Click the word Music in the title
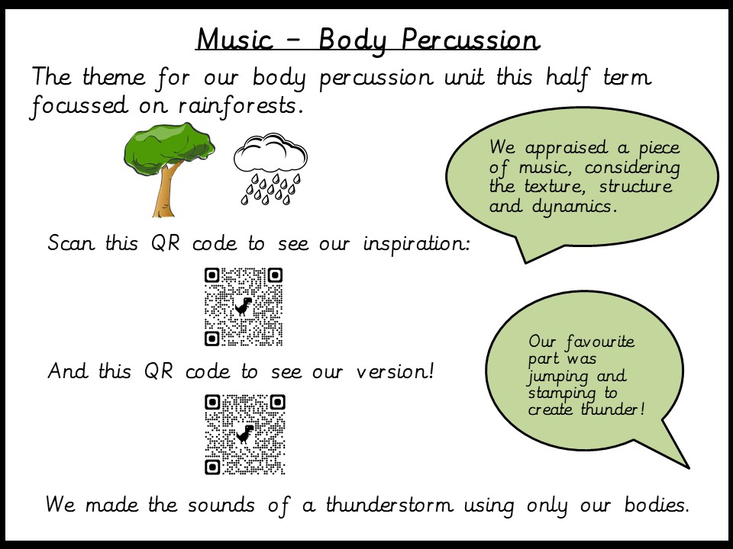coord(234,39)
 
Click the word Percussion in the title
coord(470,40)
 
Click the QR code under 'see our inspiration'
coord(244,307)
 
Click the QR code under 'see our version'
coord(244,435)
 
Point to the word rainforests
coord(238,105)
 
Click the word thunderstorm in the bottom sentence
coord(390,504)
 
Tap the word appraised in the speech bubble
coord(567,149)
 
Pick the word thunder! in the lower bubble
coord(613,409)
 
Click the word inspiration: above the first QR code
coord(417,243)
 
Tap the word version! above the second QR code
coord(396,371)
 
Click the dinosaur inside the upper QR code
coord(243,307)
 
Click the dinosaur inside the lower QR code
coord(244,434)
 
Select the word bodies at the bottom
coord(657,505)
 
